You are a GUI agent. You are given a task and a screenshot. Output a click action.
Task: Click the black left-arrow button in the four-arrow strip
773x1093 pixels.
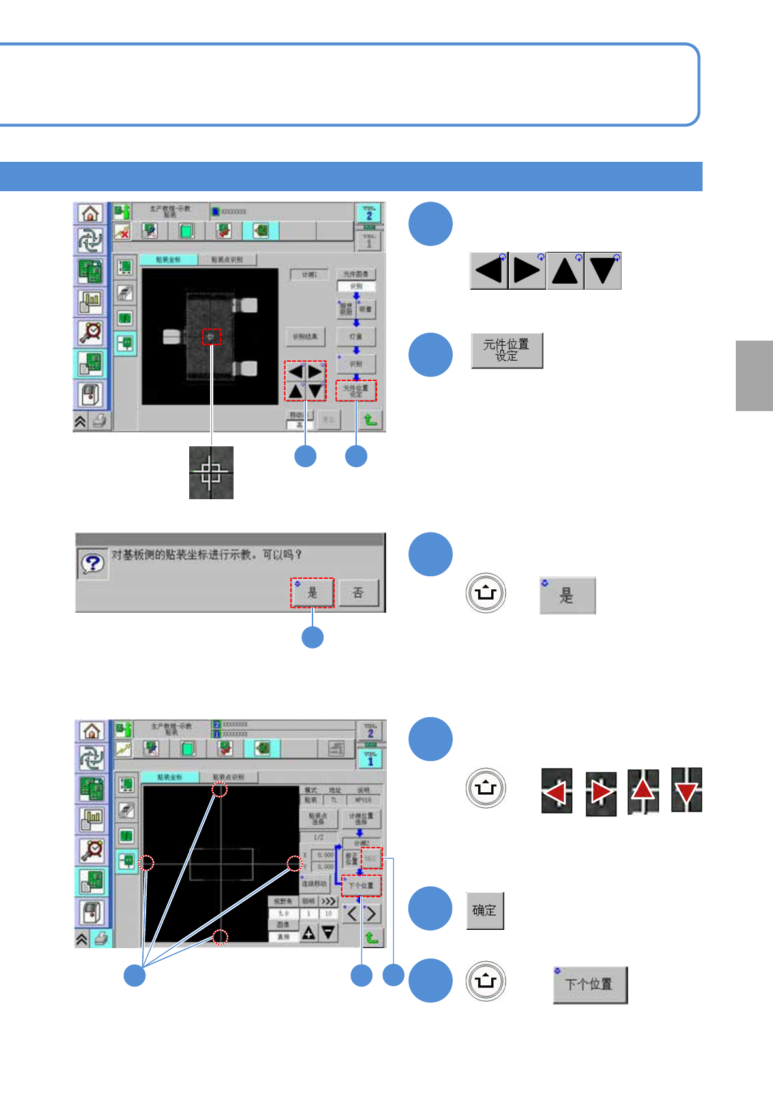tap(489, 271)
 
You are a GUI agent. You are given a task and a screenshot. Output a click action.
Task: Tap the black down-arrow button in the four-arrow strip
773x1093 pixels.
tap(603, 271)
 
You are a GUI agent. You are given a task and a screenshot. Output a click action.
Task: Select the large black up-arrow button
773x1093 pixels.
tap(565, 271)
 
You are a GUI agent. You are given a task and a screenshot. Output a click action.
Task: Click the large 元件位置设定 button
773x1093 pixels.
tap(507, 350)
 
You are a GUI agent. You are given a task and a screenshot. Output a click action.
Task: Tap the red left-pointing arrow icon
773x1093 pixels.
tap(556, 792)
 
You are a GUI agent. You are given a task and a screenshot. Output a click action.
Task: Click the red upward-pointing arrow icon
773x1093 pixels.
tap(643, 791)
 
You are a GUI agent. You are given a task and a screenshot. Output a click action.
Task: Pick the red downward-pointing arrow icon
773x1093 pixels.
tap(686, 791)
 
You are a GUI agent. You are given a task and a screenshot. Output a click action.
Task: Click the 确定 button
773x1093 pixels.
tap(485, 910)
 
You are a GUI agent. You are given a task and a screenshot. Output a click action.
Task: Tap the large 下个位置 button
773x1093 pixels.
tap(590, 985)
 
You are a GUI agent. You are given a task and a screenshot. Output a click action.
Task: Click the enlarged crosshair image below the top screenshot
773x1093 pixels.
tap(211, 472)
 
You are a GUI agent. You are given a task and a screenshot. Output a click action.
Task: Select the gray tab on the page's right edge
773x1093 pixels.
tap(754, 375)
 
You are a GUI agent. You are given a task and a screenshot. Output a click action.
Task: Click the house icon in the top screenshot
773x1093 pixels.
tap(91, 213)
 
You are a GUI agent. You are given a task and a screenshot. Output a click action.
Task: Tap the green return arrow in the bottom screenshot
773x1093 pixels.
tap(371, 938)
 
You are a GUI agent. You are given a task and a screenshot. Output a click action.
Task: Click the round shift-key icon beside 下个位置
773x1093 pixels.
tap(486, 981)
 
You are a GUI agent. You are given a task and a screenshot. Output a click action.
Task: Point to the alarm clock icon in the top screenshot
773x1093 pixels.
tap(91, 331)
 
